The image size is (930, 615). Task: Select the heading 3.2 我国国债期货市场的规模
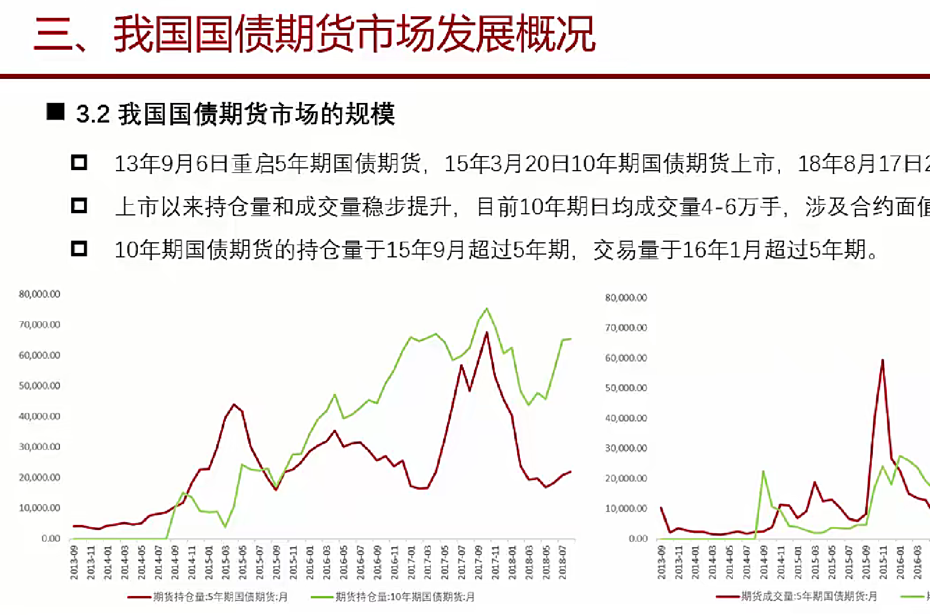click(x=236, y=114)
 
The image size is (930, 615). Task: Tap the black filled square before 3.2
click(x=55, y=112)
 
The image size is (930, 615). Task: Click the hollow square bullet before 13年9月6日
click(x=79, y=163)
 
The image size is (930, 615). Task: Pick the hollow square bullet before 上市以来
click(x=79, y=206)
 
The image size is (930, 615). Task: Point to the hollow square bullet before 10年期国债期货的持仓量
click(x=79, y=248)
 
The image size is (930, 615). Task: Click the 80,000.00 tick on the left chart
click(x=39, y=294)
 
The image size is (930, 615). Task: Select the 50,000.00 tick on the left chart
click(x=39, y=386)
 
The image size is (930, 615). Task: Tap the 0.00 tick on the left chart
click(x=50, y=538)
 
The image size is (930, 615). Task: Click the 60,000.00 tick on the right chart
click(x=626, y=358)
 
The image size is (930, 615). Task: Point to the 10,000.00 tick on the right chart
click(x=626, y=509)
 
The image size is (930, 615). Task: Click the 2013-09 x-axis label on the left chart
click(x=74, y=562)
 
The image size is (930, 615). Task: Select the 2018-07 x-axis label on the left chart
click(x=563, y=562)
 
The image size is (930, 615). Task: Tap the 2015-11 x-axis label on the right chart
click(x=883, y=562)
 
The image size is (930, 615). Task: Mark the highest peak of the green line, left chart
click(x=486, y=308)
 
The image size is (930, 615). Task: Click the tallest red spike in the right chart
click(x=882, y=360)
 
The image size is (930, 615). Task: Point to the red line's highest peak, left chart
click(x=486, y=333)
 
